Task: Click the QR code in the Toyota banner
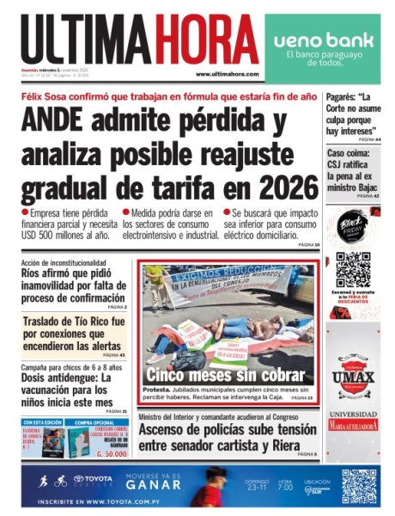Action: [359, 486]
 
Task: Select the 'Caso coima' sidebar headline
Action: [352, 170]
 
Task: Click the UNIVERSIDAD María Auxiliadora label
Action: [353, 422]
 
